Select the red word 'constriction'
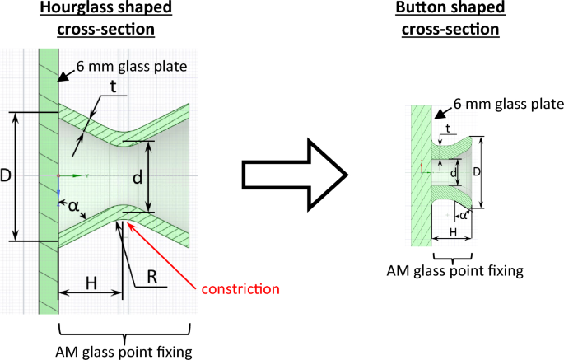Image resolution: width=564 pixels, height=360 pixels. (x=240, y=289)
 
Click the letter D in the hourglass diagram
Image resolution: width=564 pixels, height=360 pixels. (x=7, y=176)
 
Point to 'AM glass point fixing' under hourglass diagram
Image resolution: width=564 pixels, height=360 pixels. (x=124, y=353)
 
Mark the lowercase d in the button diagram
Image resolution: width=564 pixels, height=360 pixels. (x=456, y=175)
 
